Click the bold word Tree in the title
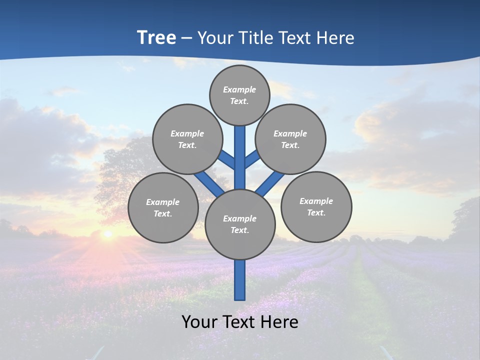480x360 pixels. pyautogui.click(x=156, y=37)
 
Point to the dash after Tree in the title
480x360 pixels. pyautogui.click(x=186, y=38)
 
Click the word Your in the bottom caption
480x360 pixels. pyautogui.click(x=199, y=321)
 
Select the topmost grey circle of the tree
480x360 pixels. pyautogui.click(x=239, y=95)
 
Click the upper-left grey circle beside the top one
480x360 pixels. pyautogui.click(x=187, y=139)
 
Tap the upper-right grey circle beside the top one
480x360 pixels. pyautogui.click(x=290, y=139)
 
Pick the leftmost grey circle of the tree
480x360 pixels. pyautogui.click(x=163, y=207)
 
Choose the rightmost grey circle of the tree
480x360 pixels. pyautogui.click(x=316, y=206)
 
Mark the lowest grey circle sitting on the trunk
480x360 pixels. pyautogui.click(x=240, y=224)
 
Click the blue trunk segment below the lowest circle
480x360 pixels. pyautogui.click(x=240, y=280)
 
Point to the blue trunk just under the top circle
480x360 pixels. pyautogui.click(x=240, y=145)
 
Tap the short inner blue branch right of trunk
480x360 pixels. pyautogui.click(x=251, y=159)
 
